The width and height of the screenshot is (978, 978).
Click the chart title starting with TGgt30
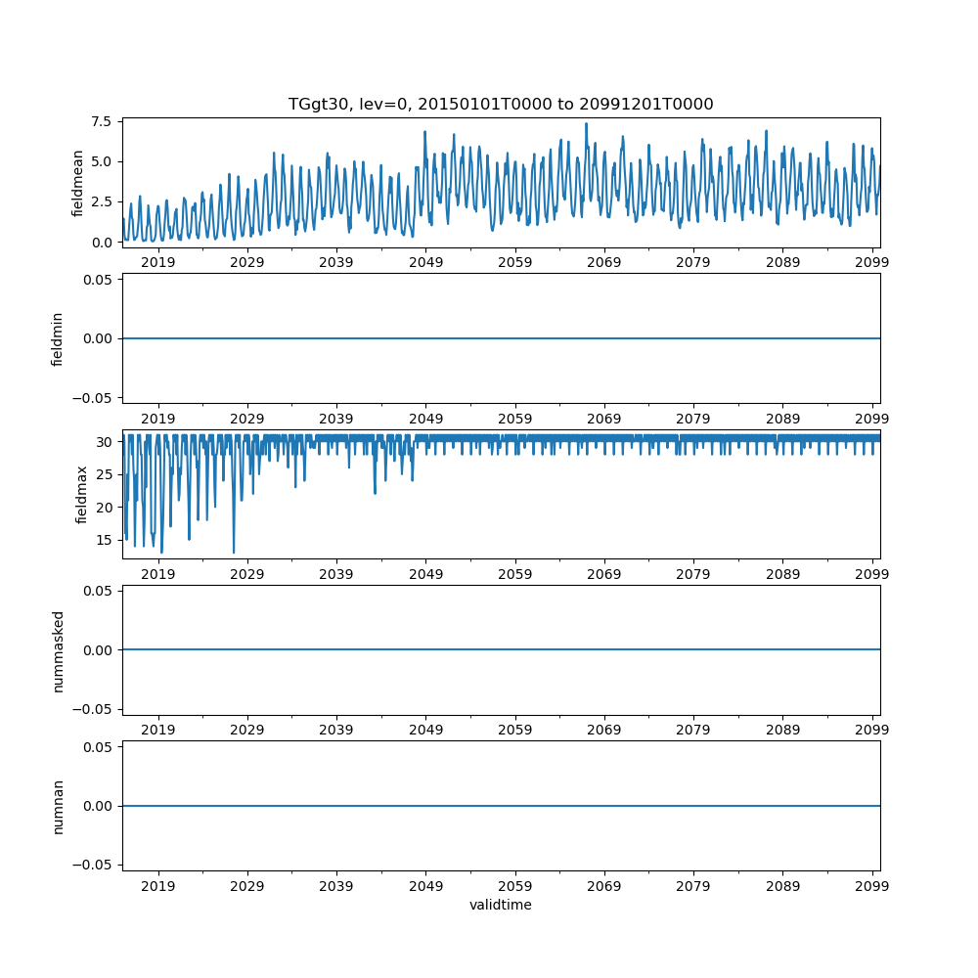[x=501, y=104]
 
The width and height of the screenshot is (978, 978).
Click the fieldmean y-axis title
[x=77, y=183]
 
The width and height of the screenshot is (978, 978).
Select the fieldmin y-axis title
[x=58, y=338]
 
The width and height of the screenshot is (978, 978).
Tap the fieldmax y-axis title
[x=82, y=494]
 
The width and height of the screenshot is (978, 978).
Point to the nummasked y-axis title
[x=58, y=650]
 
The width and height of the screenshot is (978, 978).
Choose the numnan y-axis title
[x=58, y=806]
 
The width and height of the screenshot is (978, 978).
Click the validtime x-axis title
[x=501, y=906]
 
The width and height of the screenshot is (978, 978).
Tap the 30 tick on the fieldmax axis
[x=106, y=441]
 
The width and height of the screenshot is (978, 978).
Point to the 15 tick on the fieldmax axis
[x=106, y=539]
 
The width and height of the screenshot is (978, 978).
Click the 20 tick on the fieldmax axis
[x=106, y=507]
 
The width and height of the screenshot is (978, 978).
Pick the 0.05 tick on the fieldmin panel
[x=98, y=280]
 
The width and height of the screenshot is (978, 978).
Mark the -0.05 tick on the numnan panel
[x=95, y=865]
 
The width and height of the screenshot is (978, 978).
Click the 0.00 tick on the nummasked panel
[x=98, y=650]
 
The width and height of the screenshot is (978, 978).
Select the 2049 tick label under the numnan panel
[x=425, y=887]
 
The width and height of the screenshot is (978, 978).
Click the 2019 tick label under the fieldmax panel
[x=158, y=575]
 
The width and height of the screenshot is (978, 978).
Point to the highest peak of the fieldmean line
[x=586, y=123]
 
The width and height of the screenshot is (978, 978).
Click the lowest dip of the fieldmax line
[x=233, y=553]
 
